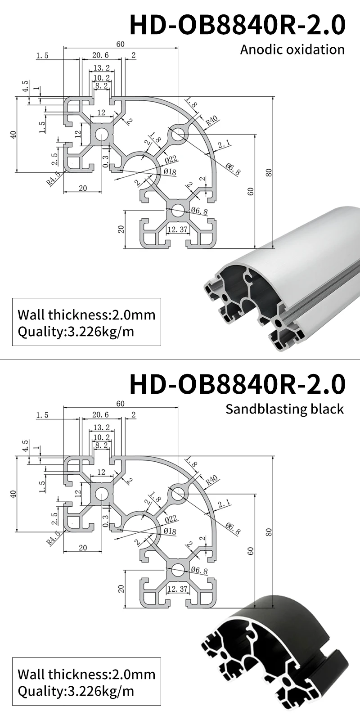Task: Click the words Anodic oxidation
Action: click(292, 49)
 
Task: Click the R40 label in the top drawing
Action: click(211, 120)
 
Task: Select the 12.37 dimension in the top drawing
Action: click(177, 229)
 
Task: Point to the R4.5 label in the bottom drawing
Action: click(53, 537)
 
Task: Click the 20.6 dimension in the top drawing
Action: click(100, 55)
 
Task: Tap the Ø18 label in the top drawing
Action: click(170, 172)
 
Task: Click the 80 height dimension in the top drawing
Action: click(269, 172)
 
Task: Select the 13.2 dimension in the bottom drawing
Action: click(101, 427)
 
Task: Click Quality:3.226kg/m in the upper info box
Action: click(76, 332)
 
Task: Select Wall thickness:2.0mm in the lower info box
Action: click(86, 674)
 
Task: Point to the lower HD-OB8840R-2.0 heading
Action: click(237, 383)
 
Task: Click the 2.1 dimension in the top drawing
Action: click(224, 144)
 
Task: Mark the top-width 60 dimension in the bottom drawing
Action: click(120, 403)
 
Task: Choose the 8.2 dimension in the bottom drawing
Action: click(101, 445)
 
